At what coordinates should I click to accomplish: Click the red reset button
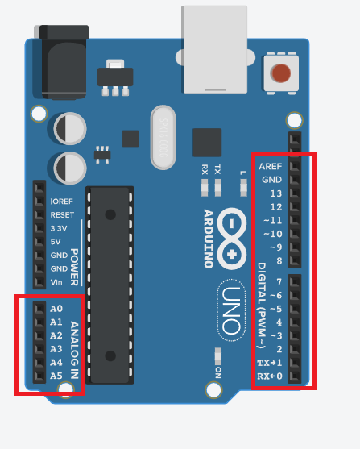[281, 73]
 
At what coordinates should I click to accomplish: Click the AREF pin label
[271, 166]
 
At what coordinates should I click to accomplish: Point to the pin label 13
[276, 193]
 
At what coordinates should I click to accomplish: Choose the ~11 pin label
[274, 220]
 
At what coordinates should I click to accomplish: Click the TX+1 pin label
[270, 362]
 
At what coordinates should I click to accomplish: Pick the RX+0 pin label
[270, 376]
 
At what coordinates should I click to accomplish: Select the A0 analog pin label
[56, 309]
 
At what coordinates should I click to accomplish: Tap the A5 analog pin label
[56, 376]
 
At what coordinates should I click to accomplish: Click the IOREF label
[62, 202]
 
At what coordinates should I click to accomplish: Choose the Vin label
[56, 281]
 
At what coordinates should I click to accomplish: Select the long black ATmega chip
[109, 275]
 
